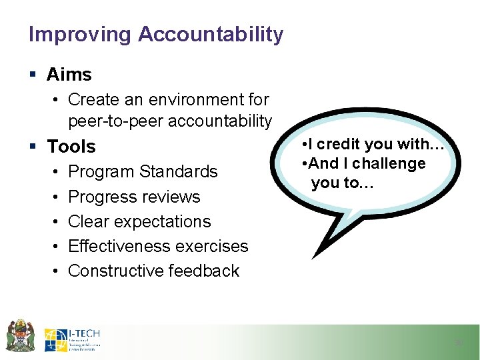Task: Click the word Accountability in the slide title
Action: pyautogui.click(x=211, y=35)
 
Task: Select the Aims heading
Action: pyautogui.click(x=69, y=75)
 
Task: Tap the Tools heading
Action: pyautogui.click(x=71, y=147)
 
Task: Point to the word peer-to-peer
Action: pyautogui.click(x=116, y=121)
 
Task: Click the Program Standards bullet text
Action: pyautogui.click(x=143, y=172)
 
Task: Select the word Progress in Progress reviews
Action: pyautogui.click(x=101, y=197)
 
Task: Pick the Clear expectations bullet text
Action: pyautogui.click(x=139, y=222)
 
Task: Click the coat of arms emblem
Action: pyautogui.click(x=20, y=335)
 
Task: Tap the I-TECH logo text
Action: pyautogui.click(x=84, y=333)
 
